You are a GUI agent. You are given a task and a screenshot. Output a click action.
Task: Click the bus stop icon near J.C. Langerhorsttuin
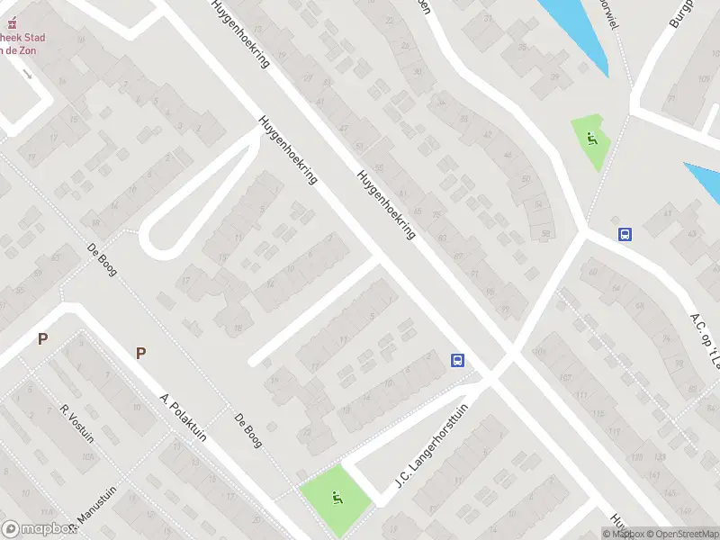458,361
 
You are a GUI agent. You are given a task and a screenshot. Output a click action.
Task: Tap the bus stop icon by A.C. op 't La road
625,234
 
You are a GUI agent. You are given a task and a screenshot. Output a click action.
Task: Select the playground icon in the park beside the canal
591,139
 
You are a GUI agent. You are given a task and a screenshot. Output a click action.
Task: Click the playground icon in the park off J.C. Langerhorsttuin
335,497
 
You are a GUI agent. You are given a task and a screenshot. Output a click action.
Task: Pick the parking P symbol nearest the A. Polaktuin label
140,353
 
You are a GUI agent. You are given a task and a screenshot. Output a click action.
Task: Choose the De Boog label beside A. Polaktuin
247,430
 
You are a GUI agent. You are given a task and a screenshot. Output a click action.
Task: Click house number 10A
87,457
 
